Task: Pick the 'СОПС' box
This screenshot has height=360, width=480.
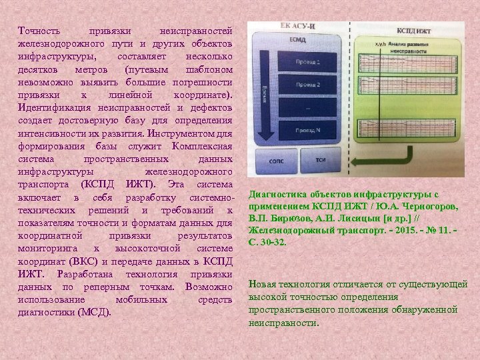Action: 275,161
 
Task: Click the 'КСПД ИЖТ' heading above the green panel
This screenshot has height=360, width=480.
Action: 414,31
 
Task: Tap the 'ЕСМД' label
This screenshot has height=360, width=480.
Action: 298,40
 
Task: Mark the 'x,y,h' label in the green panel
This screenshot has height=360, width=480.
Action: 382,45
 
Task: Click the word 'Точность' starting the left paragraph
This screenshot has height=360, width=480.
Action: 39,31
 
